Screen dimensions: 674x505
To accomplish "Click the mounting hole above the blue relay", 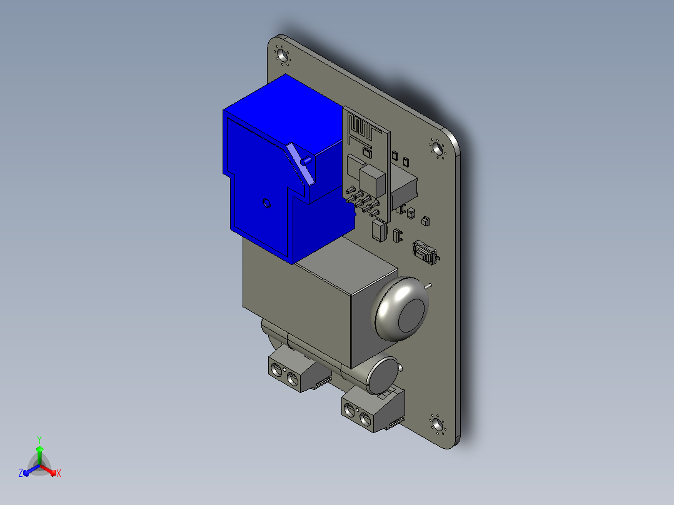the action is (x=282, y=56).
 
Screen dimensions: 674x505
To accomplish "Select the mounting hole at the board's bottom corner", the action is (x=438, y=424).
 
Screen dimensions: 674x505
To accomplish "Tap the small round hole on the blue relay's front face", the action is (x=266, y=203).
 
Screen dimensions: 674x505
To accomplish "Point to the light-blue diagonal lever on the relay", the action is (x=301, y=163).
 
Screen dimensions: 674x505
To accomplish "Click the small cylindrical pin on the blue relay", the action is (x=306, y=161).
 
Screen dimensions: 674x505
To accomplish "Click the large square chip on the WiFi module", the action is (x=372, y=181).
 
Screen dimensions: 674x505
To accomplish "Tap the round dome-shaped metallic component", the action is (x=401, y=309).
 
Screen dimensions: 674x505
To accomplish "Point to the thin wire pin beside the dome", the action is (x=428, y=286).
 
